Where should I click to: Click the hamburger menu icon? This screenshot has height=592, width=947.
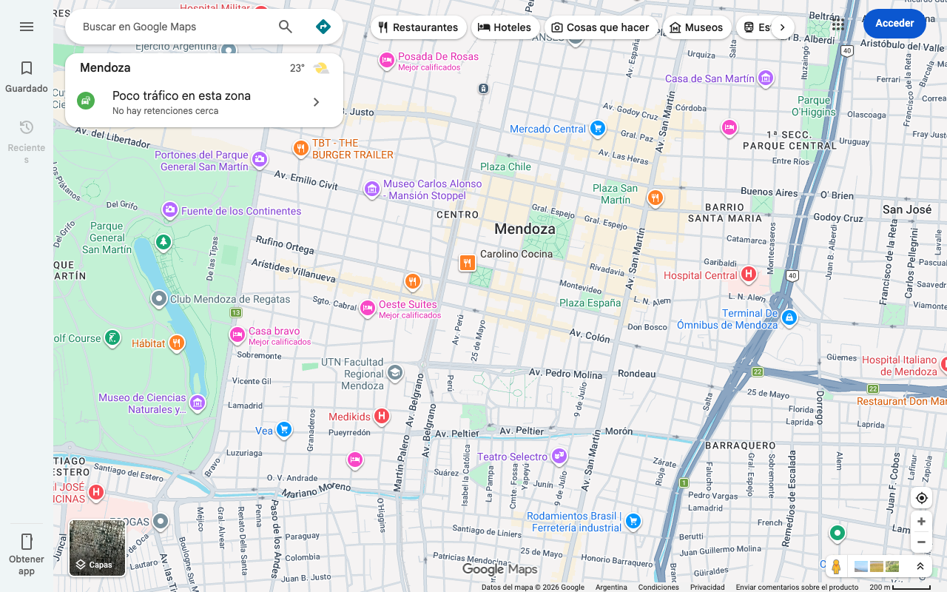click(27, 27)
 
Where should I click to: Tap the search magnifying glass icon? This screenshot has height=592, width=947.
click(286, 27)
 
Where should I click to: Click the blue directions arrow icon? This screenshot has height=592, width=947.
click(323, 27)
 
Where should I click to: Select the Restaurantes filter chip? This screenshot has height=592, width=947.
click(418, 27)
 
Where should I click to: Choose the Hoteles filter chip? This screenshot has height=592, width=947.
click(505, 27)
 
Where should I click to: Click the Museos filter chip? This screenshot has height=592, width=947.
click(695, 27)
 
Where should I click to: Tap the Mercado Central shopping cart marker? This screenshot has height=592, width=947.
click(598, 129)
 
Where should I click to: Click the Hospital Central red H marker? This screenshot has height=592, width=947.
click(749, 275)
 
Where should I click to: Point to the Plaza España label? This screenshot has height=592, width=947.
click(590, 303)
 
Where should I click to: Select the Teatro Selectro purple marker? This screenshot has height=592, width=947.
click(560, 456)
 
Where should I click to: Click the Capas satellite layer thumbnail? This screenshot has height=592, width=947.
click(98, 548)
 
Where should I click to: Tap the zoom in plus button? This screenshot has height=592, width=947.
click(921, 521)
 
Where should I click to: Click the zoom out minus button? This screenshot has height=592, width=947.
click(921, 542)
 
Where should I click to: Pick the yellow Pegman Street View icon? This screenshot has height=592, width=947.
click(836, 567)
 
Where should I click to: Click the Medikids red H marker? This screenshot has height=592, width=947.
click(381, 416)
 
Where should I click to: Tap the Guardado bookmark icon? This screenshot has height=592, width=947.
click(27, 68)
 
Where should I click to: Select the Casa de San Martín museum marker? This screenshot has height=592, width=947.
click(766, 78)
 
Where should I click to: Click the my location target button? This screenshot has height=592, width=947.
click(921, 498)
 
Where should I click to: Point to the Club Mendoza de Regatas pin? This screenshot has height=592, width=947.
click(159, 299)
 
